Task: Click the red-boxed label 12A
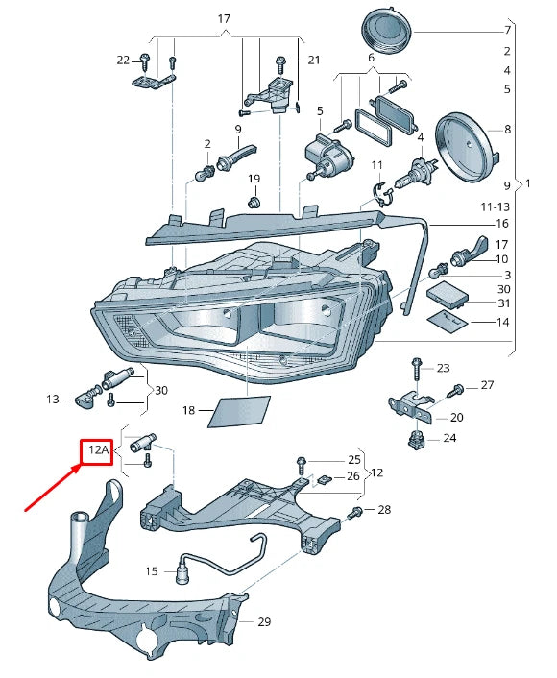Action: pyautogui.click(x=96, y=449)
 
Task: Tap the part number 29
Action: pyautogui.click(x=264, y=622)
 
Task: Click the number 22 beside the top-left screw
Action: pyautogui.click(x=123, y=60)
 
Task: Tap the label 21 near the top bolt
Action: pyautogui.click(x=313, y=60)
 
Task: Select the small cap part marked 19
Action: pyautogui.click(x=254, y=203)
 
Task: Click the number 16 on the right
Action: pyautogui.click(x=502, y=223)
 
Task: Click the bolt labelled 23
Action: pyautogui.click(x=415, y=368)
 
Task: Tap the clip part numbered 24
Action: pyautogui.click(x=418, y=440)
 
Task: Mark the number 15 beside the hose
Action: pyautogui.click(x=152, y=571)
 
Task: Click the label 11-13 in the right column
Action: pyautogui.click(x=496, y=206)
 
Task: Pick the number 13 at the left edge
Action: pyautogui.click(x=53, y=399)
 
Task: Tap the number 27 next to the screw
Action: pyautogui.click(x=487, y=385)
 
